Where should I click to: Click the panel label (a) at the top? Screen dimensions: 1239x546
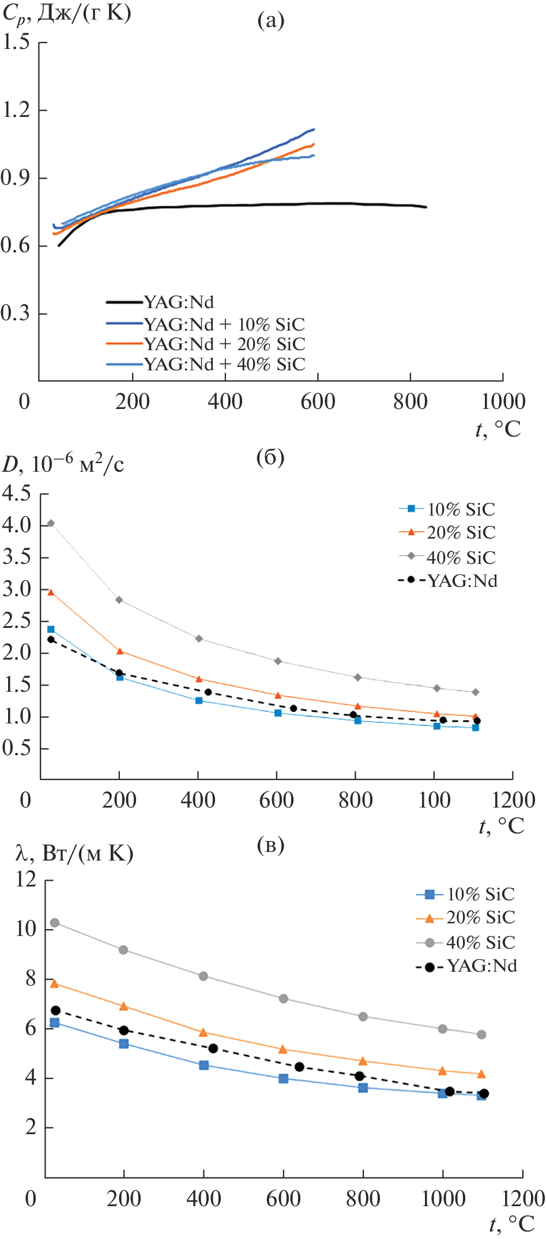click(x=270, y=21)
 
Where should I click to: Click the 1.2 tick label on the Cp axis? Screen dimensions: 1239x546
click(x=16, y=109)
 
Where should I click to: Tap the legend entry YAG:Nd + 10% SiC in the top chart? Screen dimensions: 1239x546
click(x=224, y=324)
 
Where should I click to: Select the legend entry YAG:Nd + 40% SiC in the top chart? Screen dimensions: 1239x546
click(x=224, y=364)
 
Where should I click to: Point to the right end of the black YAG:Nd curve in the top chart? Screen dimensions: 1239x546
click(x=426, y=207)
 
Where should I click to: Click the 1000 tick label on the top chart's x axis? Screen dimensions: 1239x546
click(x=503, y=401)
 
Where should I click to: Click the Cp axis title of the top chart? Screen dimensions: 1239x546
click(x=66, y=13)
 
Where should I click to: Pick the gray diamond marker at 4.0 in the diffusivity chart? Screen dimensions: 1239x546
click(x=51, y=523)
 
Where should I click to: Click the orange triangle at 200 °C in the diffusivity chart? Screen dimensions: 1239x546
click(x=120, y=651)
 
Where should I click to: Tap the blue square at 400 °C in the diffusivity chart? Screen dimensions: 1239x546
click(x=199, y=700)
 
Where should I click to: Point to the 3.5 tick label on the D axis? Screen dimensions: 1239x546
click(x=16, y=557)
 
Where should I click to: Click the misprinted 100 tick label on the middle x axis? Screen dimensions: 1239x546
click(x=434, y=800)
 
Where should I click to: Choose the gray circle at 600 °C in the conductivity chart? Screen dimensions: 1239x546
click(x=284, y=998)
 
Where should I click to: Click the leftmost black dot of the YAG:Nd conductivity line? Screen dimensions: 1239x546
click(x=55, y=1010)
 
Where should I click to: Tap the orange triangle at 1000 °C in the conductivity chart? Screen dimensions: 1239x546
click(x=442, y=1071)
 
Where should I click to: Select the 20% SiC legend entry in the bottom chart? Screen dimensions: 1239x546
click(x=480, y=918)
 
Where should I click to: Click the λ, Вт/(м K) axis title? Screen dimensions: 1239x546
click(x=75, y=853)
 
